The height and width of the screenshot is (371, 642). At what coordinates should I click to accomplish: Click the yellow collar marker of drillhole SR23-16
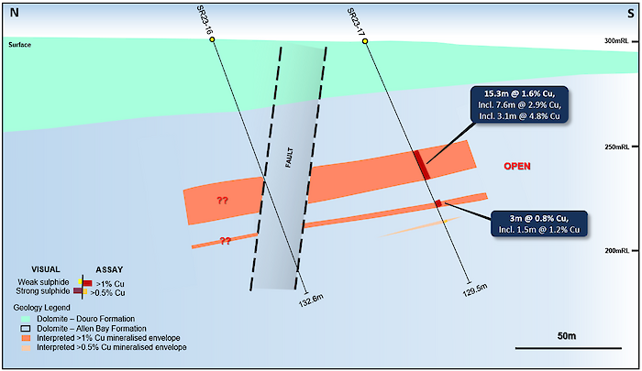coord(212,39)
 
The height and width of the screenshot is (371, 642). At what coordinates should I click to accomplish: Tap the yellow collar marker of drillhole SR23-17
coord(365,41)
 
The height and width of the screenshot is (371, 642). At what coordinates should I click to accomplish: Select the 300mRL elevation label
coord(616,41)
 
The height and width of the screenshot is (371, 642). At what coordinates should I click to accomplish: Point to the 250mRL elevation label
coord(616,147)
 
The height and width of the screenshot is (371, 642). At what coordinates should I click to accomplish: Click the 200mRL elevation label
coord(616,250)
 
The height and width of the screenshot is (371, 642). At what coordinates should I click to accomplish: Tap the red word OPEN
coord(517,166)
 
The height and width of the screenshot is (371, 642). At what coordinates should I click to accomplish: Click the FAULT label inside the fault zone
coord(289,158)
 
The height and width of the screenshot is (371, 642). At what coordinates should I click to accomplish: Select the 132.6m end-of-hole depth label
coord(312,300)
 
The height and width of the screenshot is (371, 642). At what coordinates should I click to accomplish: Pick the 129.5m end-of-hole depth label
coord(475,290)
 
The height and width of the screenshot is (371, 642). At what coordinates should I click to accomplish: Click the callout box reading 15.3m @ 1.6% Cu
coord(519,104)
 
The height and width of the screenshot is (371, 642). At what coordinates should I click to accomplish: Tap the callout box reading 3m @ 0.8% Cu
coord(539,224)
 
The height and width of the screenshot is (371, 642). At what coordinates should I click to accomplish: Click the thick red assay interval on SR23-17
coord(422,165)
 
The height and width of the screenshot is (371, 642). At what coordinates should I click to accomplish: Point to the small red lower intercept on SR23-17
coord(438,203)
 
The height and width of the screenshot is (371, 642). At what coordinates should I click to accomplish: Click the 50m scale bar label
coord(567,336)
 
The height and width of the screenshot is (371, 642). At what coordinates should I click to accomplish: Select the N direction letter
coord(15,13)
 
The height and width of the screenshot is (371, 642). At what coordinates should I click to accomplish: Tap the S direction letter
coord(631,14)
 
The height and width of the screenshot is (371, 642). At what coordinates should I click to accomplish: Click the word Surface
coord(19,45)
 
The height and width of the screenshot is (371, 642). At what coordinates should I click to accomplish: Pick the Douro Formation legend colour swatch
coord(26,319)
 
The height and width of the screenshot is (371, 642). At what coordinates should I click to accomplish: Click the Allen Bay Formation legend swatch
coord(26,329)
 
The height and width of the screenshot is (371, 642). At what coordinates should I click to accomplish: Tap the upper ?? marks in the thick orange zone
coord(222,201)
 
